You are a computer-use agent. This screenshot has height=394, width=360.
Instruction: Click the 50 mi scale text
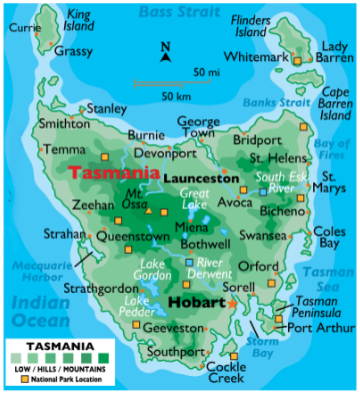tap(208, 73)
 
